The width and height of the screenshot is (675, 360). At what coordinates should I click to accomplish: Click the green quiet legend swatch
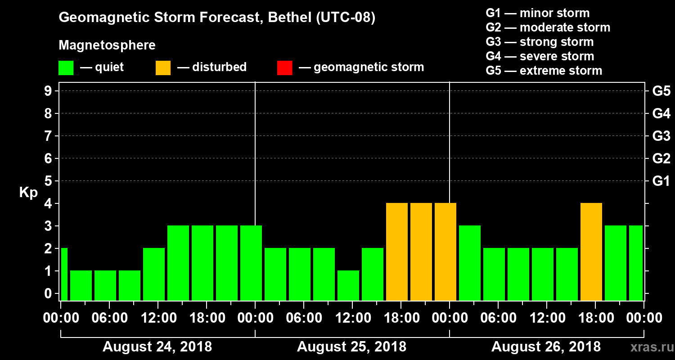click(66, 68)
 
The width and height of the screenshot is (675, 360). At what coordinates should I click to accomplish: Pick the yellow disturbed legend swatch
click(163, 68)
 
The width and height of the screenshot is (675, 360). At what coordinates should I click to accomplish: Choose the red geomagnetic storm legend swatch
click(284, 68)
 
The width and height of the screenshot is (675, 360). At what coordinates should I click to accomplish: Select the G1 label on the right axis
click(661, 181)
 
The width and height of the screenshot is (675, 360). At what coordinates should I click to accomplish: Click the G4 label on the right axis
click(661, 113)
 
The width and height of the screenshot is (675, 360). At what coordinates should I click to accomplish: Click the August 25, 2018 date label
click(351, 347)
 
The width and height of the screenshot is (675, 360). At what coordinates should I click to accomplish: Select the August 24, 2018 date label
click(157, 347)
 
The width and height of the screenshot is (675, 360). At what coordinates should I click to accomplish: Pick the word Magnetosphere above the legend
click(107, 45)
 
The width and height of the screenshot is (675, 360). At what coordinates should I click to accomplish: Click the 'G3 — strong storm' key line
click(540, 42)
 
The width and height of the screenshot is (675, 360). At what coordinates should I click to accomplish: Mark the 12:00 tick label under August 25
click(352, 318)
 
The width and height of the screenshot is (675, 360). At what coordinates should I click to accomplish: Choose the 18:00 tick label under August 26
click(595, 318)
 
